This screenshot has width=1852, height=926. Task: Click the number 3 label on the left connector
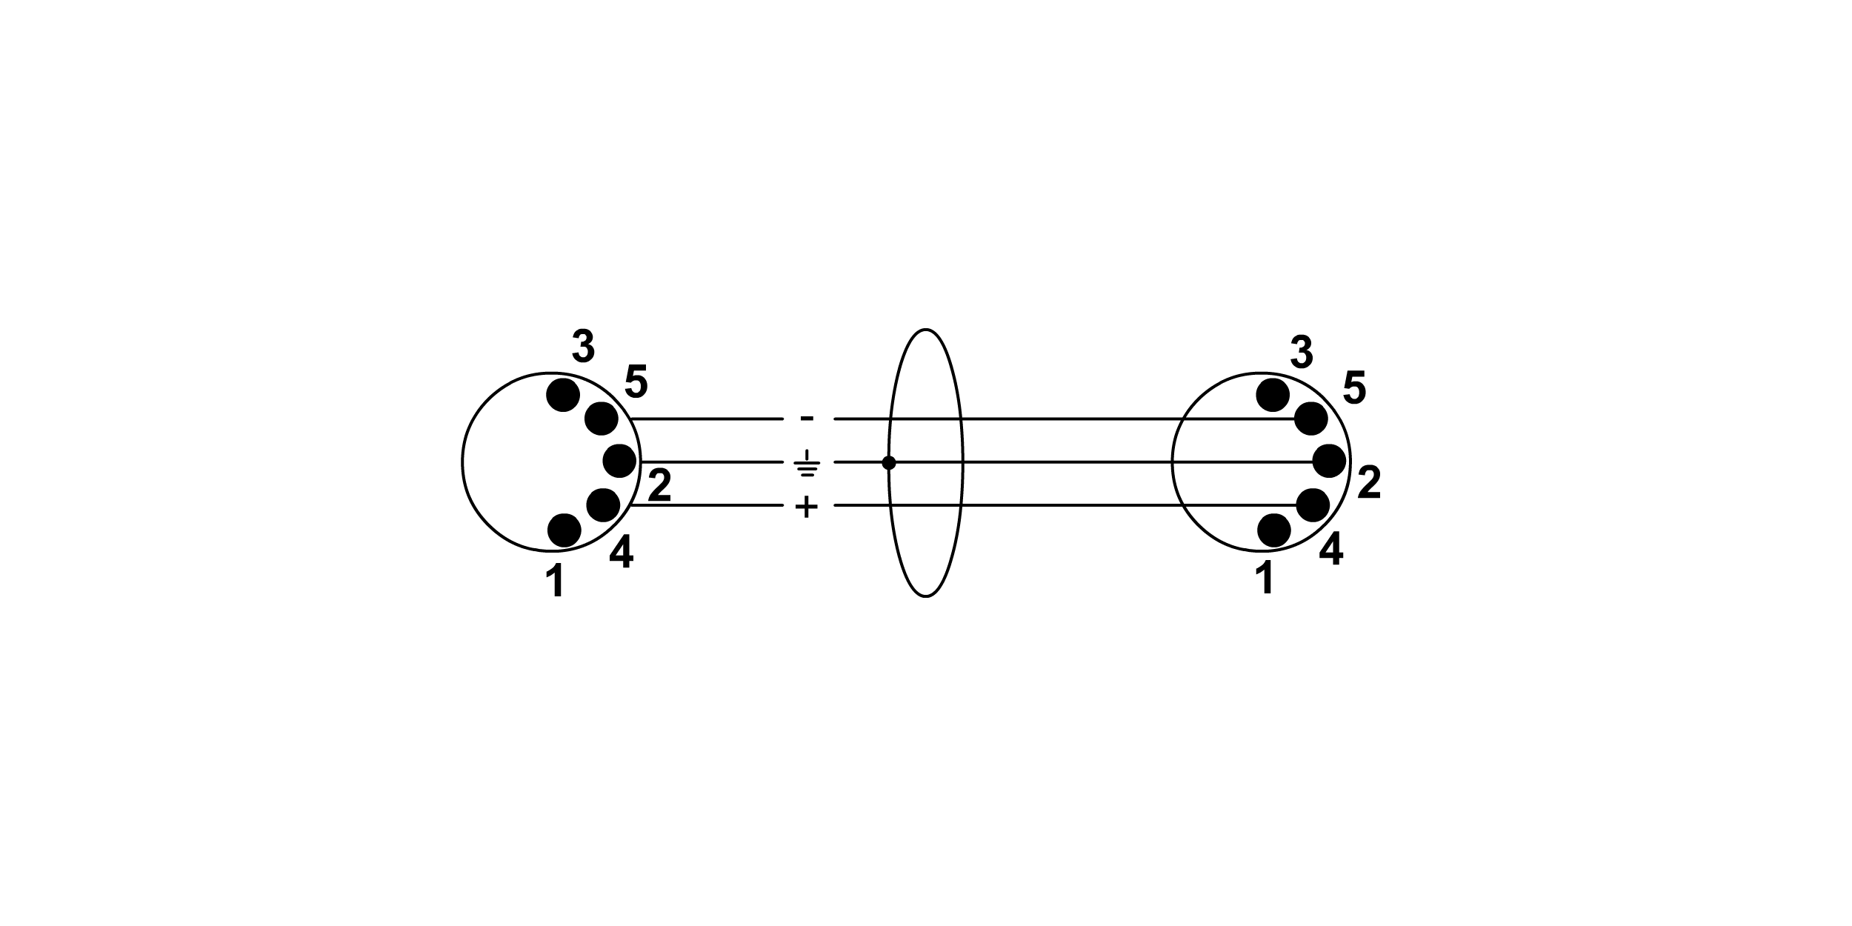click(584, 347)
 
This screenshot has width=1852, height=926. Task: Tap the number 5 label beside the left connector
click(636, 382)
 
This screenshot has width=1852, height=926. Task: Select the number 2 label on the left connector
click(659, 485)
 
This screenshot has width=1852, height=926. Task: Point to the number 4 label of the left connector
click(622, 553)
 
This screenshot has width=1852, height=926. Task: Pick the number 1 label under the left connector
click(556, 581)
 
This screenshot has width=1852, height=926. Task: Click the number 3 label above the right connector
click(1302, 352)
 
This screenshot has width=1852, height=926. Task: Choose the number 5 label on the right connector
click(1354, 387)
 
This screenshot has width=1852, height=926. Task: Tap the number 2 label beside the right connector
click(1369, 482)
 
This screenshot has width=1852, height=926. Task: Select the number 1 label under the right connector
click(1265, 579)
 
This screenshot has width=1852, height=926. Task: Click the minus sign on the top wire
click(807, 419)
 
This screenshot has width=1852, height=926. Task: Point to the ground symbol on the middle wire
click(807, 463)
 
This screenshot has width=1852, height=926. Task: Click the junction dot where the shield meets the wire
click(889, 463)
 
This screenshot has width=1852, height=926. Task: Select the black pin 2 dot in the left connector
click(620, 461)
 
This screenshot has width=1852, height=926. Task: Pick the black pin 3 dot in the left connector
click(563, 395)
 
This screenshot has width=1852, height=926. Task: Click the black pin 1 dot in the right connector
click(1274, 530)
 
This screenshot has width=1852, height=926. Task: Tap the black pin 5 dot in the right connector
click(1310, 419)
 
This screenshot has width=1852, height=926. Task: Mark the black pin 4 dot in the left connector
click(603, 505)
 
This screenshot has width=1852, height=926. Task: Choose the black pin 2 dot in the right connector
click(1329, 461)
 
